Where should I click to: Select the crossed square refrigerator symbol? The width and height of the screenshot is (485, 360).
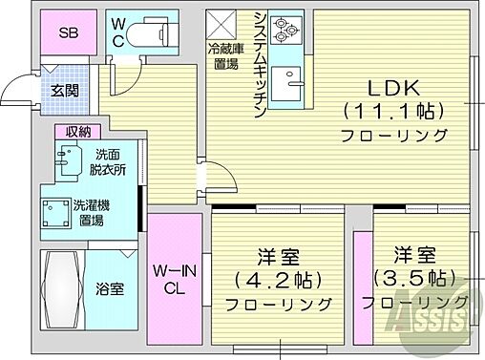point(221,21)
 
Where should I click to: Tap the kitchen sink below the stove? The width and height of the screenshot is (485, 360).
point(284,88)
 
